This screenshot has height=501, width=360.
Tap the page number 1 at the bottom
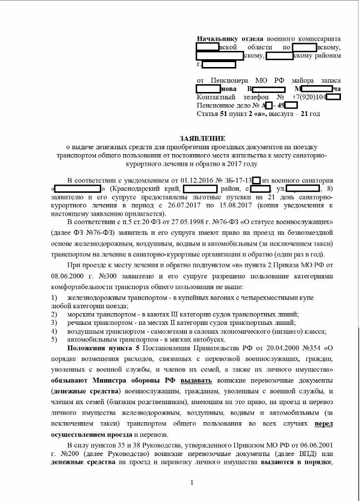coord(192,483)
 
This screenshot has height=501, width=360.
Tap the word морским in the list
coord(79,314)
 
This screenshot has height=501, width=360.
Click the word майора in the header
coord(303,80)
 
